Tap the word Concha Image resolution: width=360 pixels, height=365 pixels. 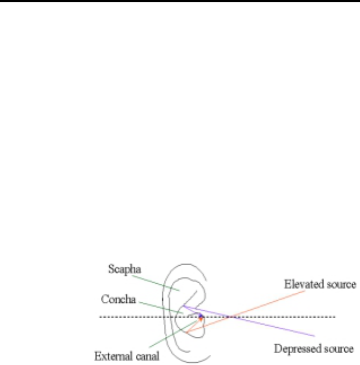pos(117,296)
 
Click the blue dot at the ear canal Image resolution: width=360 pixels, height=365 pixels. pos(201,316)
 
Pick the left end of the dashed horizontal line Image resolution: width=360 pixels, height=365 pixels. pos(100,316)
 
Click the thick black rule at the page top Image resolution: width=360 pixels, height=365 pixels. pos(180,2)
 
